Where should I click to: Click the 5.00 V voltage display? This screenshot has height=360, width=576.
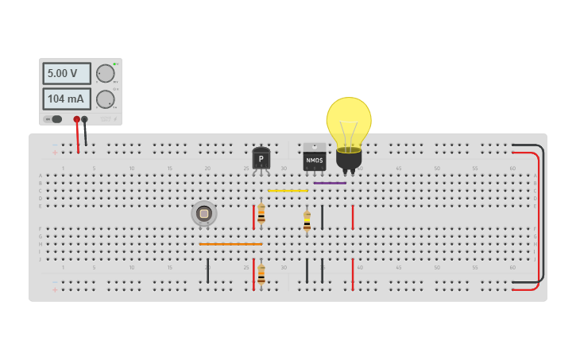click(x=67, y=74)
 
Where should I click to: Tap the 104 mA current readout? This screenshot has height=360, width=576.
click(x=67, y=99)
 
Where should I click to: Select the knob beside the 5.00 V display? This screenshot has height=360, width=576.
click(x=106, y=74)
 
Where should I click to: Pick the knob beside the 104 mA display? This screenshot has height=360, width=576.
click(x=106, y=99)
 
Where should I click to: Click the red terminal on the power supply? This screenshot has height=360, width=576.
click(x=77, y=119)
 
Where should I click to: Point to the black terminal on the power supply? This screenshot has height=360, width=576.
click(x=84, y=119)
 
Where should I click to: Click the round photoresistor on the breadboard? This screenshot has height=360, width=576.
click(x=204, y=213)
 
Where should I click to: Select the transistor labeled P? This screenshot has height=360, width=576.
click(x=261, y=158)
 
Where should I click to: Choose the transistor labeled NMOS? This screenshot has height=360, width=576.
click(x=315, y=157)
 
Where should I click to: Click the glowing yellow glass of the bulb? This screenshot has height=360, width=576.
click(x=348, y=121)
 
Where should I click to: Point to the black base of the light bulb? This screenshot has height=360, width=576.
click(x=349, y=159)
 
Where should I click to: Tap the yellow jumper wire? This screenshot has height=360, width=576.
click(x=288, y=191)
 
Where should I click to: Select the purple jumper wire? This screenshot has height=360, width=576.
click(x=330, y=184)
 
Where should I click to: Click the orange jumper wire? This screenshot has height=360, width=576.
click(x=230, y=244)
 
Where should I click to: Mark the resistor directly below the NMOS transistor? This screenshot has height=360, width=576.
click(x=307, y=220)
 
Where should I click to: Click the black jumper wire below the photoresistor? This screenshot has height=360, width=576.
click(x=207, y=270)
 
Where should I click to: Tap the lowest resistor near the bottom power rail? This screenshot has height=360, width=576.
click(x=261, y=274)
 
